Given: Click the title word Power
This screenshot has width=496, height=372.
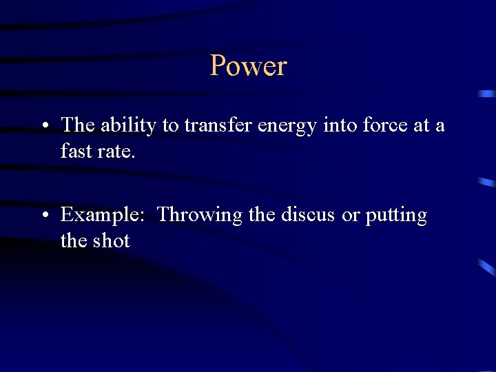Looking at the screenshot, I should (x=248, y=66).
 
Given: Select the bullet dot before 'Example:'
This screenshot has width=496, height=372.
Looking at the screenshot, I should (x=43, y=216).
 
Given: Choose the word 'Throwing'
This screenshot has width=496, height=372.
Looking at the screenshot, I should (x=200, y=216).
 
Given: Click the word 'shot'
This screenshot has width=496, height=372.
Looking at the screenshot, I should (x=111, y=240).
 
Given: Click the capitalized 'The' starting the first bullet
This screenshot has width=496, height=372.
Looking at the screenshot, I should (x=77, y=125).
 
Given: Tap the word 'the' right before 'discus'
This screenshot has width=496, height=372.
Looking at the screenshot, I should (x=261, y=215).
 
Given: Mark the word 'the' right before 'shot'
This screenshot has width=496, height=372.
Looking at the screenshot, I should (x=73, y=240).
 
